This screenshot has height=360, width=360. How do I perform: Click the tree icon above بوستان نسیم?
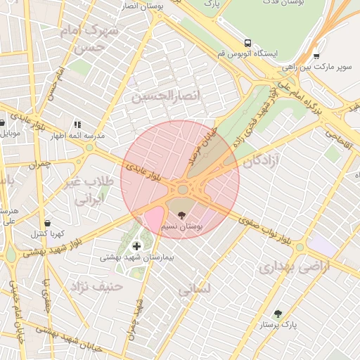[x=183, y=214]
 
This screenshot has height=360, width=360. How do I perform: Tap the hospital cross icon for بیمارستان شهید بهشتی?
[x=136, y=245]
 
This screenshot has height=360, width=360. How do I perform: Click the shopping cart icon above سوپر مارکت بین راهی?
[x=316, y=56]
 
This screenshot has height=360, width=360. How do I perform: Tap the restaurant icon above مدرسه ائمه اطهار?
[x=77, y=124]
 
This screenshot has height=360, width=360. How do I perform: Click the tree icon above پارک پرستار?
[x=278, y=314]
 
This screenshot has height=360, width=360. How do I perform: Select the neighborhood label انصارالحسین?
[x=166, y=96]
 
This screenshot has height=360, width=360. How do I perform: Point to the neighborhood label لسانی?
[x=193, y=289]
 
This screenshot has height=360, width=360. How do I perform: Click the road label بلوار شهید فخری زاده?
[x=250, y=116]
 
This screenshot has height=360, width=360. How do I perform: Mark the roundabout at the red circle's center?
[x=184, y=188]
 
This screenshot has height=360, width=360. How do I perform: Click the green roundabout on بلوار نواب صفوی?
[x=300, y=247]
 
